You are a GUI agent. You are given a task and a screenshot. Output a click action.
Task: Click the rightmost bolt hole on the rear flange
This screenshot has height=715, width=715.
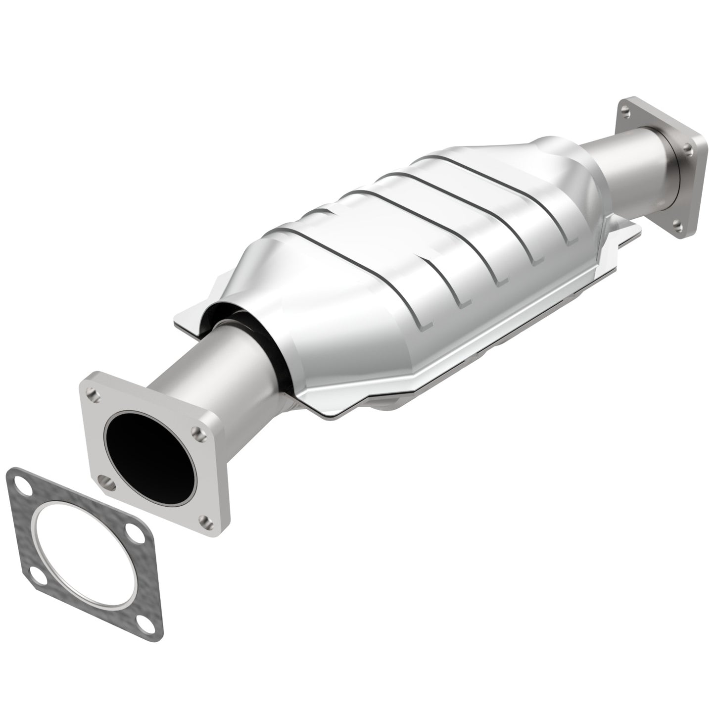[688, 146]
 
